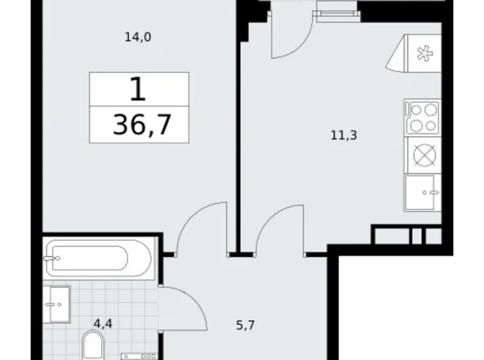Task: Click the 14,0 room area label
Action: coord(138,37)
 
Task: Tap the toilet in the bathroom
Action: coord(94,345)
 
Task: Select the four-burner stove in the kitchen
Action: coord(422,117)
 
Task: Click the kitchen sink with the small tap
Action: coord(422,192)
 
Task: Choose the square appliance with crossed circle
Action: coord(422,155)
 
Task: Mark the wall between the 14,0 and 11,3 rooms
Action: coord(237,143)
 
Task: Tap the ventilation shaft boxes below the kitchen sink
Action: coord(406,235)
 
